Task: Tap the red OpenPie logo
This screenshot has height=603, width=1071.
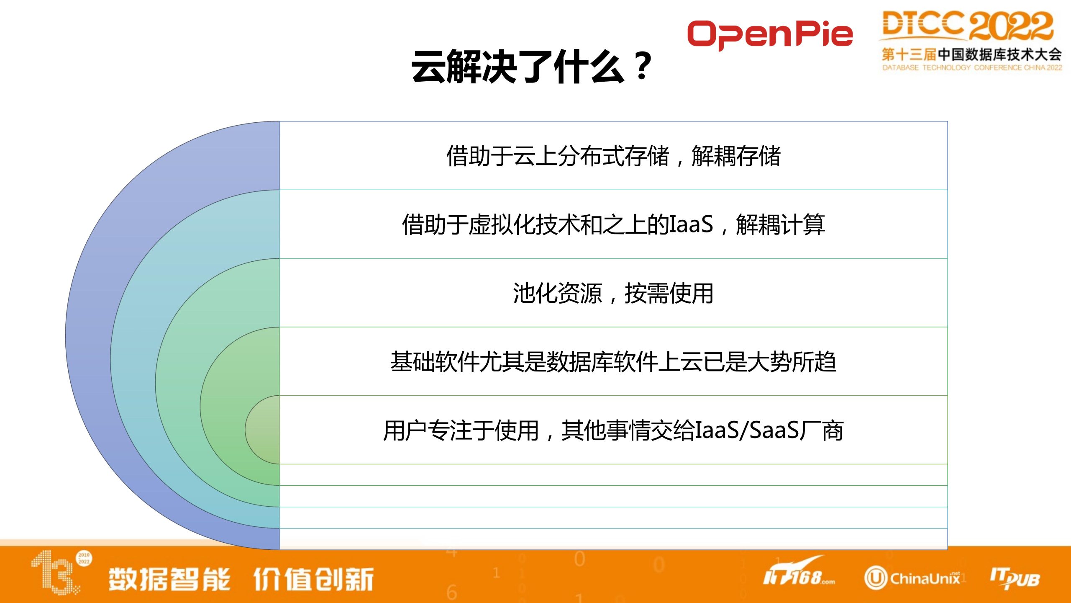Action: click(770, 34)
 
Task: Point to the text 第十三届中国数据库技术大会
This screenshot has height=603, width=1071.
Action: click(971, 54)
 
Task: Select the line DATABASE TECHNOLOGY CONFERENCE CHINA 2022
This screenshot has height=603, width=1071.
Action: click(972, 67)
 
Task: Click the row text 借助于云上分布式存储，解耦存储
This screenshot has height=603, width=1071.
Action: click(613, 156)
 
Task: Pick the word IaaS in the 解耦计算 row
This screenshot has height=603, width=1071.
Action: click(691, 224)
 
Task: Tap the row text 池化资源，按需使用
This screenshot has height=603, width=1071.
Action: click(613, 293)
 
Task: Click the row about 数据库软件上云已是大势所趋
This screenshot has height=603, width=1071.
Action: click(613, 361)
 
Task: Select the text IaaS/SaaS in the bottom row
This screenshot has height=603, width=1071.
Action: click(747, 430)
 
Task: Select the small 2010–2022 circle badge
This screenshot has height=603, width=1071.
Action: click(84, 558)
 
